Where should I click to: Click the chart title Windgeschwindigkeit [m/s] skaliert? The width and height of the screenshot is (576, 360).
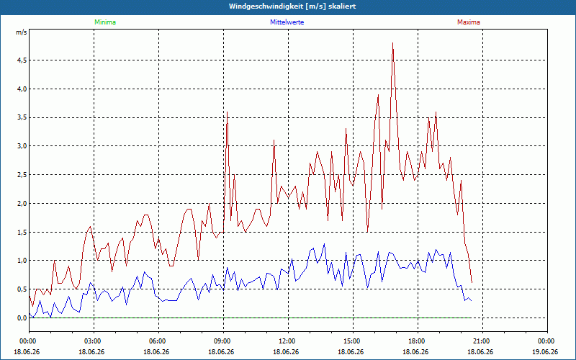click(292, 6)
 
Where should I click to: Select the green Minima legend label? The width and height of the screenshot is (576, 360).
click(105, 22)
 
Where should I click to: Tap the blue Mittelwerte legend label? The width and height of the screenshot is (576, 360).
click(287, 22)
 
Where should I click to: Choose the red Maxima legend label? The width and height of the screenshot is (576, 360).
click(469, 22)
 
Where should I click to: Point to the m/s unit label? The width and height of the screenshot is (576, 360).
click(22, 32)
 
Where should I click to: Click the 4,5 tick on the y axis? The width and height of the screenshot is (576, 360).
click(22, 60)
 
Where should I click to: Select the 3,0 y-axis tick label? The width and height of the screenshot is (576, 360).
click(22, 146)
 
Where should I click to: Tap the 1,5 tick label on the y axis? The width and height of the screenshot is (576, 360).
click(22, 232)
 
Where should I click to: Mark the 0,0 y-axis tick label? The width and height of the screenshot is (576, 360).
click(22, 318)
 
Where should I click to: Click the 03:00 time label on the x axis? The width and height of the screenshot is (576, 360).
click(94, 341)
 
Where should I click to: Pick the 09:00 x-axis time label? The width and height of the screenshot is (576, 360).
click(224, 341)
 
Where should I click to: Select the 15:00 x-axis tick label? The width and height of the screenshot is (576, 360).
click(354, 341)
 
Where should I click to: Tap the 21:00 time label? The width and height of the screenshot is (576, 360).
click(482, 341)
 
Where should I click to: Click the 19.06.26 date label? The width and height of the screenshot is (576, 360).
click(545, 351)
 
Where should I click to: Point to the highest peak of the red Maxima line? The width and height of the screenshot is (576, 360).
click(392, 43)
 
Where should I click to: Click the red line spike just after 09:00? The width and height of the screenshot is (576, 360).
click(228, 112)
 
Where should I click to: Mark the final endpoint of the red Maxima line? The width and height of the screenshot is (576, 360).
click(472, 282)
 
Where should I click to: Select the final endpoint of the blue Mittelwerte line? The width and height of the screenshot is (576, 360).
click(472, 301)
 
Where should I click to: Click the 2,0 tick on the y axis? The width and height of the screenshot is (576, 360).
click(22, 204)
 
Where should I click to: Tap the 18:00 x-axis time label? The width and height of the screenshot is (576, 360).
click(418, 341)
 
